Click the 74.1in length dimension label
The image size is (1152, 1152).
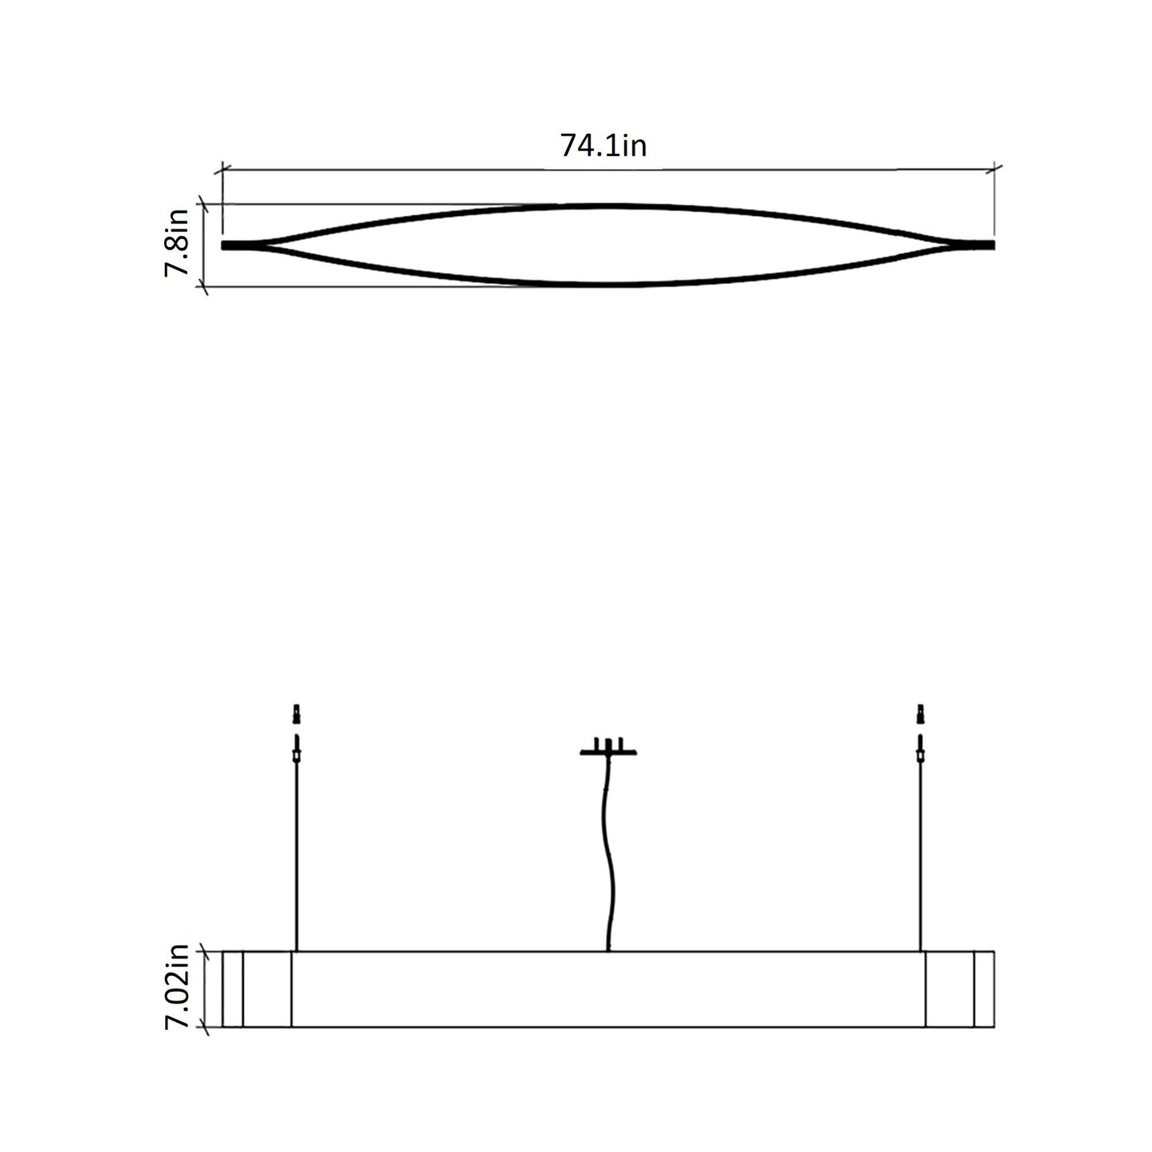[x=603, y=146]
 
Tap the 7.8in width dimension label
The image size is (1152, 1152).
[x=176, y=242]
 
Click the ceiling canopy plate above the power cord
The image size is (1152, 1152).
[x=608, y=751]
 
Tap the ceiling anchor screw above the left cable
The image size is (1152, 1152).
[x=297, y=711]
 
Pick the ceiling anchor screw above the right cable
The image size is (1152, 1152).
[x=921, y=711]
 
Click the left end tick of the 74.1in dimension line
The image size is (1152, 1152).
[x=222, y=169]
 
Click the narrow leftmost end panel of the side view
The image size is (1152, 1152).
[x=232, y=989]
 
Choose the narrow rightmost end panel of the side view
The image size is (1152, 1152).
[x=985, y=989]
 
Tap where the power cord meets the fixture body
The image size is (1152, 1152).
[x=608, y=950]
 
